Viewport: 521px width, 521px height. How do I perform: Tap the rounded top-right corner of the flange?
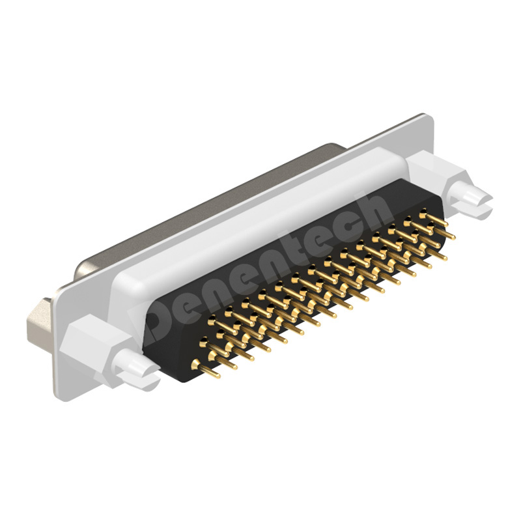click(x=427, y=120)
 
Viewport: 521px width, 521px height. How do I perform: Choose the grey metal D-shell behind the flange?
click(x=208, y=208)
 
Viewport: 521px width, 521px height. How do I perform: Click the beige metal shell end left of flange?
click(x=43, y=316)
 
